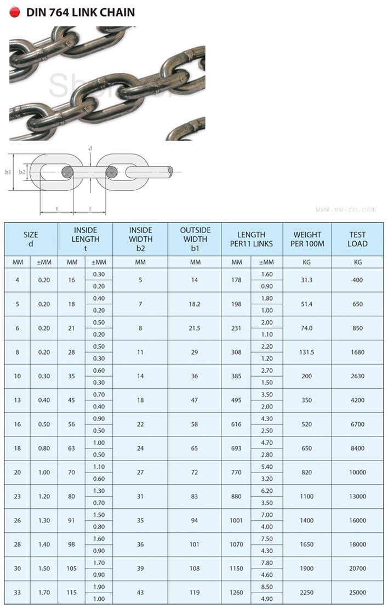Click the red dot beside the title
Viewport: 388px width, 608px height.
15,12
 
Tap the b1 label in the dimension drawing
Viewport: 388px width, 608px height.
8,172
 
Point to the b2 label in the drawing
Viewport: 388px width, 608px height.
22,172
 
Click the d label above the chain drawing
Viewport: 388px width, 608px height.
90,148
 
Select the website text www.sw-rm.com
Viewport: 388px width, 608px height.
346,209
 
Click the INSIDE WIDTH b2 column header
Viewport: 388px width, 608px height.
140,238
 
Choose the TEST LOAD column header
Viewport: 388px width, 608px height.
357,238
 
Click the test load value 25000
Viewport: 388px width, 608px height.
357,592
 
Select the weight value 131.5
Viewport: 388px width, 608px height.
307,352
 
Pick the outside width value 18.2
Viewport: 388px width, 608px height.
195,304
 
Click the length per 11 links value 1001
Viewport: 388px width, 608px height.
236,520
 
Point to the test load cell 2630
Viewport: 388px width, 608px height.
357,376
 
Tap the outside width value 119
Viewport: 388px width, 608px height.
195,592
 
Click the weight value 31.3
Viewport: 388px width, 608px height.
307,280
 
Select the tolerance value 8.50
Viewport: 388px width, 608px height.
267,586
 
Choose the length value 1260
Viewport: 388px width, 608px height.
236,592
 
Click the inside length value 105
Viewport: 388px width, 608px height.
72,568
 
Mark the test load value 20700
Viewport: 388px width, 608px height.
357,568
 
